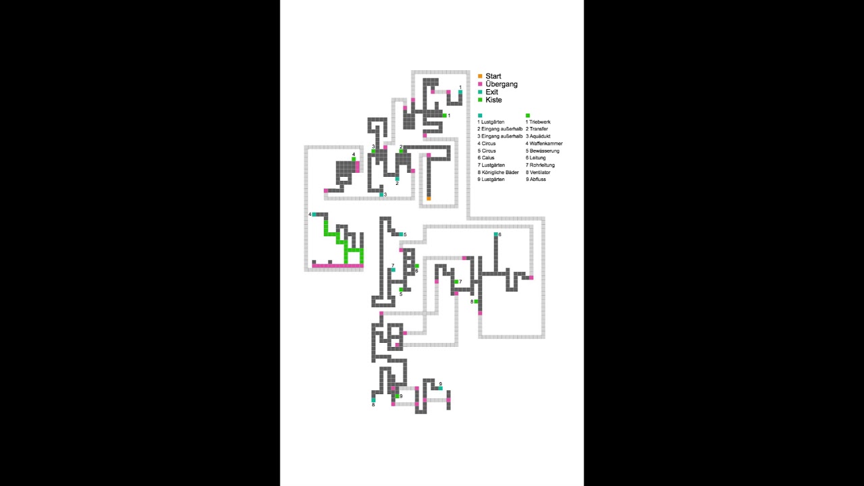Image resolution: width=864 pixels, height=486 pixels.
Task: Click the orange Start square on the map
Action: click(429, 198)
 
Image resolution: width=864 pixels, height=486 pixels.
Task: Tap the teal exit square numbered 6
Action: click(496, 234)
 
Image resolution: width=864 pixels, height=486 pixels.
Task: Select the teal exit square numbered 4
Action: click(314, 215)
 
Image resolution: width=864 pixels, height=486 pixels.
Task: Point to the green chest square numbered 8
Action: click(476, 301)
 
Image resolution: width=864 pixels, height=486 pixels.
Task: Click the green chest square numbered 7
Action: click(456, 281)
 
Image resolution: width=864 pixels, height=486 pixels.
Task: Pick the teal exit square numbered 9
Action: click(440, 388)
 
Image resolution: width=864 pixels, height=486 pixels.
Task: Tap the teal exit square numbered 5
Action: click(401, 234)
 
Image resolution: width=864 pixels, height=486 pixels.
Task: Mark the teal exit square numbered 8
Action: click(373, 400)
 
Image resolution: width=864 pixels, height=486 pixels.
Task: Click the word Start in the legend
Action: click(493, 76)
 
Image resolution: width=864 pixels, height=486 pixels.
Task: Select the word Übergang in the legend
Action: click(501, 84)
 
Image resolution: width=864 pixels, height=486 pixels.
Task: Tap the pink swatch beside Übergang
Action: click(480, 84)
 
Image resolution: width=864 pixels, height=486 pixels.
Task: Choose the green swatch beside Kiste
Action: click(480, 100)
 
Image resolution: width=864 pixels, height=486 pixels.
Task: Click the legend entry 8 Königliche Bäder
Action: click(498, 172)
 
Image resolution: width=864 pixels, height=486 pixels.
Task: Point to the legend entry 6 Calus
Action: click(486, 158)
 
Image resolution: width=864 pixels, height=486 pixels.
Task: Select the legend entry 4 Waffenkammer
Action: click(544, 144)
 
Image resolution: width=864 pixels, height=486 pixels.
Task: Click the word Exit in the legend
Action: click(491, 92)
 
